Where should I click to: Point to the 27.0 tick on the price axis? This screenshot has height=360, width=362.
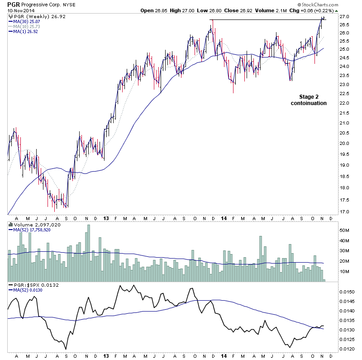coord(344,17)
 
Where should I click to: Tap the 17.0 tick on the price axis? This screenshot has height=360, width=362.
coord(344,212)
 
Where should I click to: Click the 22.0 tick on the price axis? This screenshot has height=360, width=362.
coord(344,103)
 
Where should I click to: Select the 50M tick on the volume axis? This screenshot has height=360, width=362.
coord(345,230)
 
